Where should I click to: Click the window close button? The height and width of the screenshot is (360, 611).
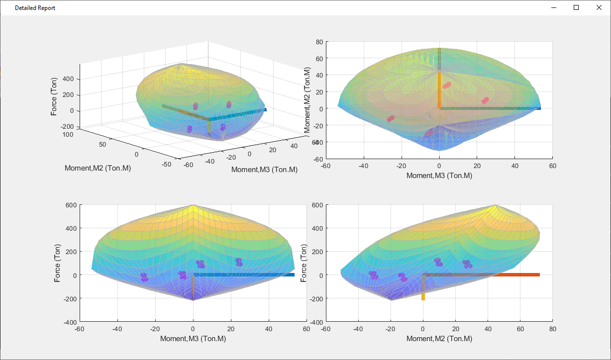(x=599, y=7)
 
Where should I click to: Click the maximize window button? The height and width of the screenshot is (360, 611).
(x=576, y=7)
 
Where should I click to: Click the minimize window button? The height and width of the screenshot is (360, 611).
(x=553, y=7)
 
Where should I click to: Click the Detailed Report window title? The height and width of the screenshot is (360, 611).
(x=35, y=8)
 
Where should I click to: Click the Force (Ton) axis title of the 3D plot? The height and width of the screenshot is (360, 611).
(x=54, y=96)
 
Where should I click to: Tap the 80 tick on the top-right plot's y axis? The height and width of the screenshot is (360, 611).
(x=318, y=42)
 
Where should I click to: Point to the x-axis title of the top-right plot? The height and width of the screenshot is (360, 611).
(x=439, y=176)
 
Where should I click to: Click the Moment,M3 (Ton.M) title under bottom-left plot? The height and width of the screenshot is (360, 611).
(x=193, y=339)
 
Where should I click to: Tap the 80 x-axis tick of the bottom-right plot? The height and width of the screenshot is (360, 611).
(x=552, y=329)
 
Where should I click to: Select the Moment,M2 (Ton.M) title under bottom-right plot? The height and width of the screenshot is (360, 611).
(x=439, y=339)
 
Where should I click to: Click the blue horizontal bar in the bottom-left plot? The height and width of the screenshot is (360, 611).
(x=244, y=274)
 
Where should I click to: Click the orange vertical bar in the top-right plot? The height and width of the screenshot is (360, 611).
(x=439, y=90)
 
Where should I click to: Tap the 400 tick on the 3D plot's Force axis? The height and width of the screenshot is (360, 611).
(x=68, y=79)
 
